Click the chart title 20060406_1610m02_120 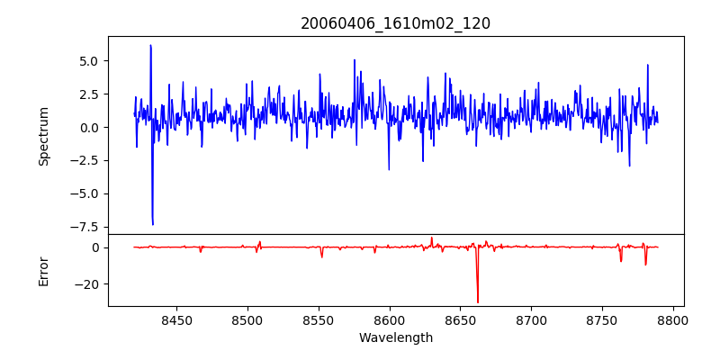click(395, 23)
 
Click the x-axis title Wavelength click(395, 337)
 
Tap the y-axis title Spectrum click(43, 135)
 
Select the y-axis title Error click(43, 270)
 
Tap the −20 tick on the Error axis click(90, 284)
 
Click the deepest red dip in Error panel click(478, 301)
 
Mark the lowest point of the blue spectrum click(153, 224)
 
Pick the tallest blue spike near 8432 click(150, 45)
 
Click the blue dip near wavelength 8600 click(389, 169)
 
